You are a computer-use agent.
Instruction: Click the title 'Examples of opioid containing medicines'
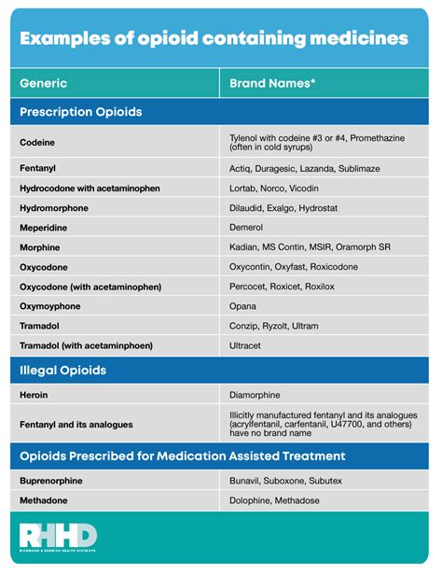(x=214, y=38)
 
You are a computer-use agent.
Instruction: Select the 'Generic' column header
(x=43, y=82)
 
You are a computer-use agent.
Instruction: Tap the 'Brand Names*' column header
(x=272, y=82)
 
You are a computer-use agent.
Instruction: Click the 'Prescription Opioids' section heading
(x=80, y=111)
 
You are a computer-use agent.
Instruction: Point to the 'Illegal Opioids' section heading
(x=62, y=371)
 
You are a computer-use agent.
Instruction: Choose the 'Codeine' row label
(x=37, y=143)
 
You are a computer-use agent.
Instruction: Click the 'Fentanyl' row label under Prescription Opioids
(x=38, y=169)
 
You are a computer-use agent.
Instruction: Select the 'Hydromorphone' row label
(x=55, y=207)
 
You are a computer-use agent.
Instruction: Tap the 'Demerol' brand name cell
(x=247, y=227)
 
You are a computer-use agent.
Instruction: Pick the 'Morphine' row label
(x=40, y=247)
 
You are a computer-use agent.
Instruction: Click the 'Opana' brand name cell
(x=243, y=305)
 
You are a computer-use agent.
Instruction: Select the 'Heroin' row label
(x=35, y=395)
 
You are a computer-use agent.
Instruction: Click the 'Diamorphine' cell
(x=256, y=395)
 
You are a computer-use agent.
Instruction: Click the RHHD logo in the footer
(x=58, y=537)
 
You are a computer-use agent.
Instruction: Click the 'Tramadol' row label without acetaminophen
(x=40, y=326)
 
